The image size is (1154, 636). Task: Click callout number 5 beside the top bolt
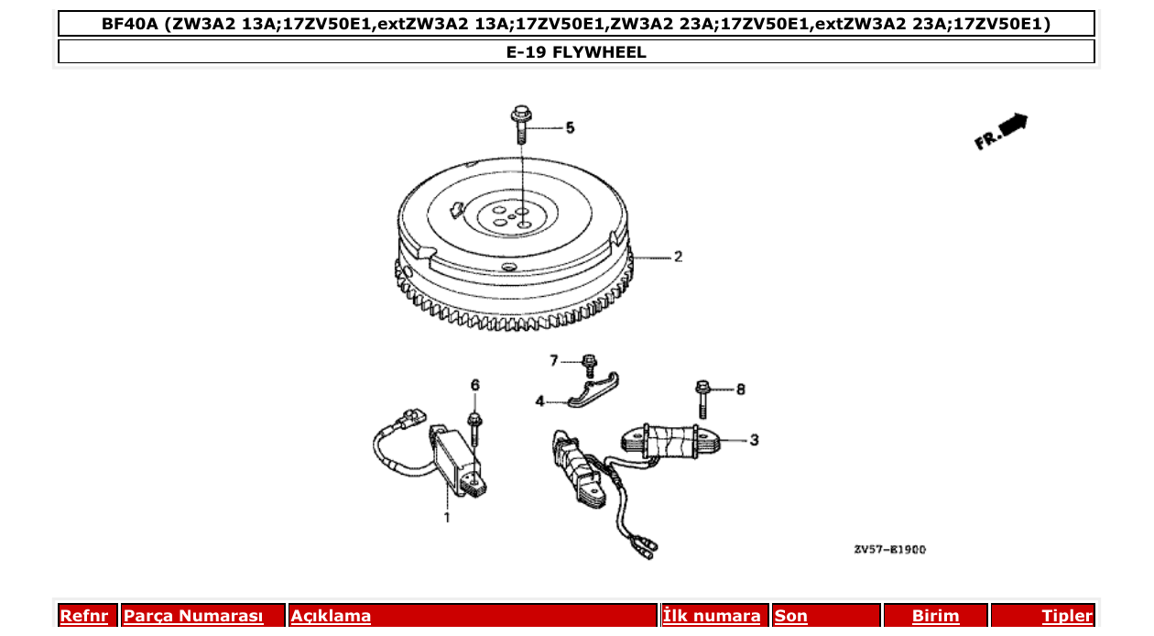coord(570,128)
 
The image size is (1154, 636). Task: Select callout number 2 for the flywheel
coord(678,258)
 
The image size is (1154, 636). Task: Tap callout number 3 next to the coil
coord(754,441)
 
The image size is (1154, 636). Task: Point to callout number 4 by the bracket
coord(540,401)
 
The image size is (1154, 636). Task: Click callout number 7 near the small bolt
coord(553,361)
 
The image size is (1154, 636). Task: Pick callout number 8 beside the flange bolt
coord(740,390)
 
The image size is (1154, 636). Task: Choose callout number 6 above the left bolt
coord(474,386)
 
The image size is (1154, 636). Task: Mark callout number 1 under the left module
coord(447,518)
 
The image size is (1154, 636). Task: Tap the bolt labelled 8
coord(702,398)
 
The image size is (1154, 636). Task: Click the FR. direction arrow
coord(1001,131)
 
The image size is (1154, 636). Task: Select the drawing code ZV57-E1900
coord(889,550)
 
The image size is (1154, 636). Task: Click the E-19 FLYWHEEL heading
coord(576,52)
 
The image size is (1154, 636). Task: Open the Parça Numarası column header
coord(193,616)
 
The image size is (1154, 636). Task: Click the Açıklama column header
coord(331,616)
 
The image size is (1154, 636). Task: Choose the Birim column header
coord(935,616)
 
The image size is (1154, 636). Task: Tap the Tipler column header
coord(1066,616)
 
